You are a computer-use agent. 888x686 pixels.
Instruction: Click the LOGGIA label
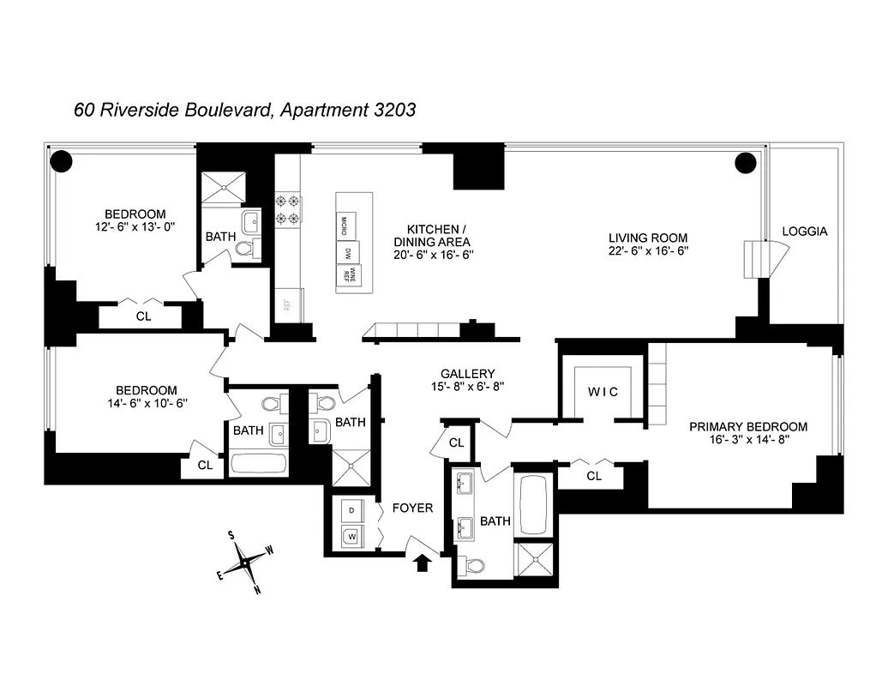(x=804, y=232)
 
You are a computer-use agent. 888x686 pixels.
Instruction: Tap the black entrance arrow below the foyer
(x=422, y=563)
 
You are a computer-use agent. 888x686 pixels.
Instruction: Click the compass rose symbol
(x=247, y=563)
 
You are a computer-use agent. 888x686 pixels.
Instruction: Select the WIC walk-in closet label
(x=603, y=392)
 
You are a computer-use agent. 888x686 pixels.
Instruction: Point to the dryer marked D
(x=351, y=511)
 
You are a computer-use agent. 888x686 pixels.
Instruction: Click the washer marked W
(x=351, y=538)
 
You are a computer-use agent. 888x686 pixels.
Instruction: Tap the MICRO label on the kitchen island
(x=345, y=226)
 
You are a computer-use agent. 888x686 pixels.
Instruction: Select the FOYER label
(x=412, y=508)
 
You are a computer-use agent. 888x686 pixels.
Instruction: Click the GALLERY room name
(x=467, y=374)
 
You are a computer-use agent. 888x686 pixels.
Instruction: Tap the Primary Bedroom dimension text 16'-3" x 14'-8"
(x=748, y=441)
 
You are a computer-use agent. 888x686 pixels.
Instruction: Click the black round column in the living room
(x=745, y=162)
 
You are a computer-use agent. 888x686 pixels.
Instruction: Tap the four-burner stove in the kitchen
(x=286, y=210)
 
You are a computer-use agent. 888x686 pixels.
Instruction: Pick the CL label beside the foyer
(x=456, y=443)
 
